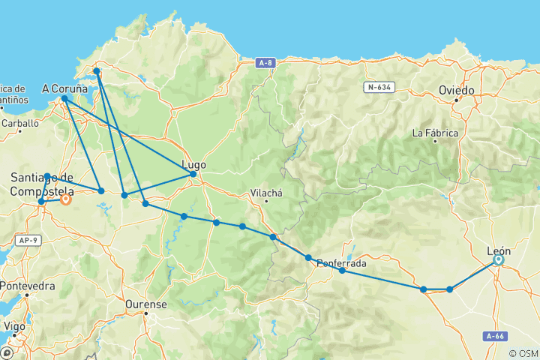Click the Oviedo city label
[x=457, y=91]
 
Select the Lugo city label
[x=193, y=164]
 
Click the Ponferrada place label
[x=342, y=263]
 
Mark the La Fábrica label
[x=435, y=133]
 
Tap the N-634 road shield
[x=380, y=87]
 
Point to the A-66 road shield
[x=494, y=336]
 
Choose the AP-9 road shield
[x=26, y=240]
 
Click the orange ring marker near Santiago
[x=66, y=199]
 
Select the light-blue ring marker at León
[x=498, y=260]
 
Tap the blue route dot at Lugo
[x=193, y=174]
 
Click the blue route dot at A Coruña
[x=65, y=98]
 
